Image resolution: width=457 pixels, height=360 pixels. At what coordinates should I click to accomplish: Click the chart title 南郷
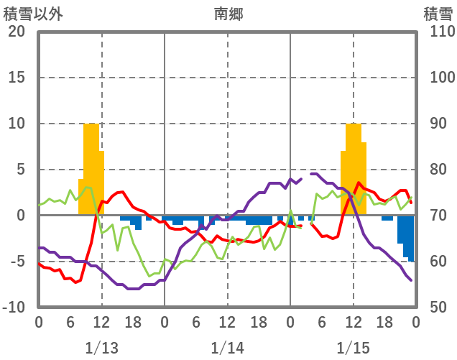pos(228,14)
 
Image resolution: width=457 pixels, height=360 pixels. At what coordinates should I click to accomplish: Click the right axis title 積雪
pos(438,14)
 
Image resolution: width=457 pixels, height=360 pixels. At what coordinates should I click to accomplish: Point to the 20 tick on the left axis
pos(17,32)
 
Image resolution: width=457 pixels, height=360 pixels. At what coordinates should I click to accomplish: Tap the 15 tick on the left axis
pos(17,78)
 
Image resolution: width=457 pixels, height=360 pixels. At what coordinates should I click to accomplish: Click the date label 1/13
pos(101,348)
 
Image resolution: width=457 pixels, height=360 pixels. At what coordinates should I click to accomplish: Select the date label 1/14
pos(227,348)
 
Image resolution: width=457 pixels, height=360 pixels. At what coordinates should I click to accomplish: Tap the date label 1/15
pos(353,348)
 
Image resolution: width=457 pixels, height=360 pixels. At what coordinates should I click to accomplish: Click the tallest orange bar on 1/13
pos(91,169)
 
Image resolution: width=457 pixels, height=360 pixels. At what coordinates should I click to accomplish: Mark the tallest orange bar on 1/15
pos(354,169)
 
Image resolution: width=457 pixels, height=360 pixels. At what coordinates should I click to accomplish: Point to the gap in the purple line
pos(306,176)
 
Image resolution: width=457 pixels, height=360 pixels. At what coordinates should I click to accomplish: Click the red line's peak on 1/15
pos(359,183)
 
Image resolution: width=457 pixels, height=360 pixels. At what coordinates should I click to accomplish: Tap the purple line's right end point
pos(412,280)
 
